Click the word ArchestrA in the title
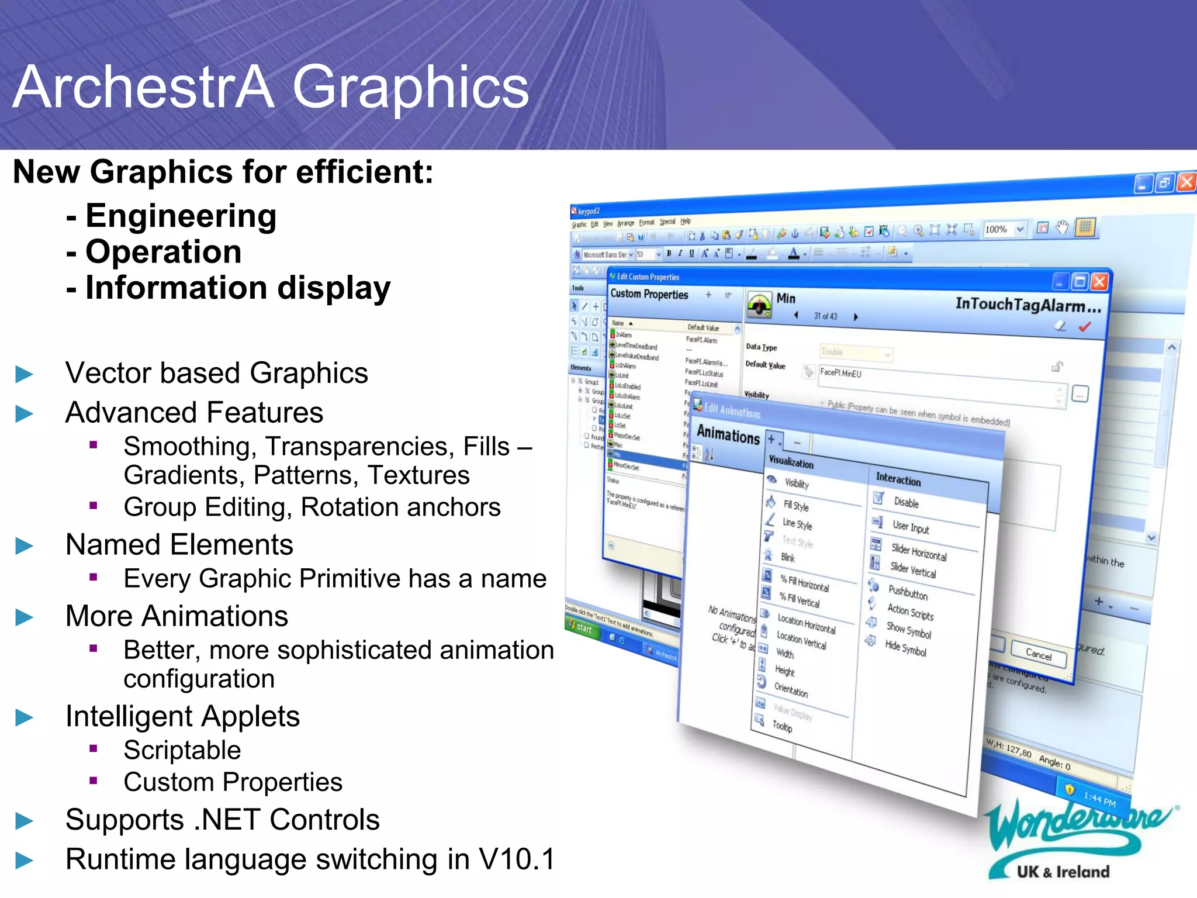pyautogui.click(x=143, y=88)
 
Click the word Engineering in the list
pyautogui.click(x=181, y=216)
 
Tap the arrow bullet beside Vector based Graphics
pyautogui.click(x=24, y=374)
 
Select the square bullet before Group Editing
pyautogui.click(x=94, y=506)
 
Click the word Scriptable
pyautogui.click(x=182, y=750)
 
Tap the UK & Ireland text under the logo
pyautogui.click(x=1063, y=872)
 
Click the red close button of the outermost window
pyautogui.click(x=1186, y=182)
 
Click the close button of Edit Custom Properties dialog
pyautogui.click(x=1099, y=282)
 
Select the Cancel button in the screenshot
pyautogui.click(x=1039, y=654)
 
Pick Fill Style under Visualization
pyautogui.click(x=796, y=506)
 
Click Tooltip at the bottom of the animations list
pyautogui.click(x=782, y=726)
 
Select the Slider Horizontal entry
pyautogui.click(x=918, y=552)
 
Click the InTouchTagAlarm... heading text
pyautogui.click(x=1028, y=305)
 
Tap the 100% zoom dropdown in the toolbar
pyautogui.click(x=1004, y=229)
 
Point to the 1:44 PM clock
pyautogui.click(x=1099, y=799)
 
